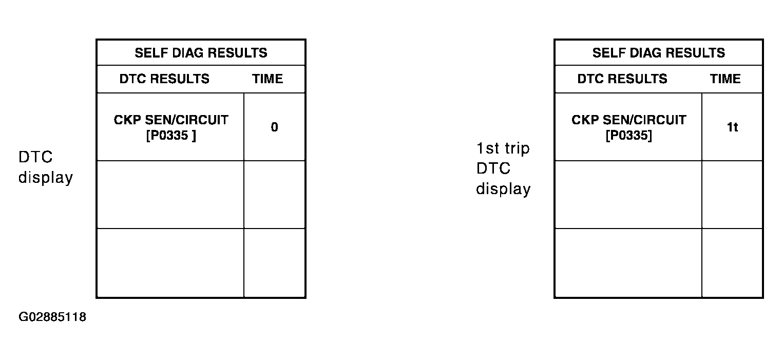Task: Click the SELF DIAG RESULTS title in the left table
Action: point(201,53)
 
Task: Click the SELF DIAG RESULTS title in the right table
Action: point(659,53)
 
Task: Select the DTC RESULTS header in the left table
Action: point(164,79)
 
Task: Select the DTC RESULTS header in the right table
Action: point(622,79)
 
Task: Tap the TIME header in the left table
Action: point(268,79)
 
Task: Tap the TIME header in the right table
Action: point(725,79)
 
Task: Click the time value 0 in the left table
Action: point(274,127)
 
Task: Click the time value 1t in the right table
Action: point(732,127)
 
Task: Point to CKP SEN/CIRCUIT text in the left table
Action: point(171,120)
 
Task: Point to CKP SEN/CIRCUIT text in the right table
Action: point(629,120)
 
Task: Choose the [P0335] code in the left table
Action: point(171,135)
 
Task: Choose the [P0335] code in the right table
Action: point(629,135)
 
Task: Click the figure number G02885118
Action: point(52,317)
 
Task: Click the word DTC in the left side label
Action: point(35,157)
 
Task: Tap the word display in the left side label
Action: point(46,178)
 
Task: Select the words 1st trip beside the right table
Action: point(503,148)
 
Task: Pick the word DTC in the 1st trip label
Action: point(493,168)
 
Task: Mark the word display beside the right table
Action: point(503,189)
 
